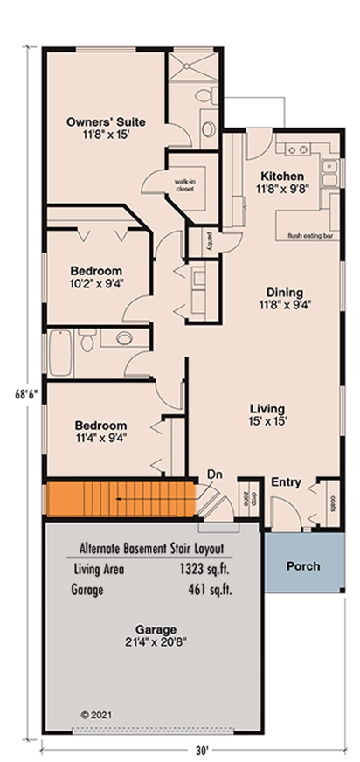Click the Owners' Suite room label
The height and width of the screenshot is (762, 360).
click(x=106, y=122)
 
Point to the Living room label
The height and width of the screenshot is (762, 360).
click(x=267, y=409)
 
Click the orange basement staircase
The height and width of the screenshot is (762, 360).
click(x=120, y=501)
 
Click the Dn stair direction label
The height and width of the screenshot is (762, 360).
click(x=215, y=475)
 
